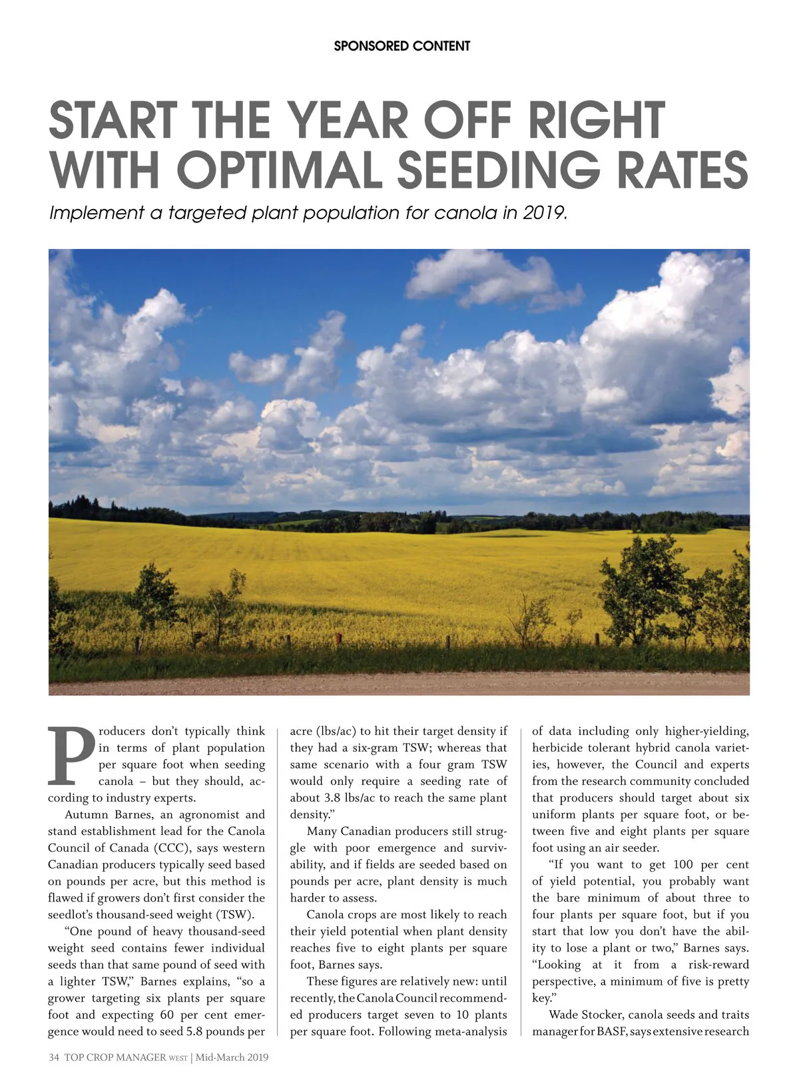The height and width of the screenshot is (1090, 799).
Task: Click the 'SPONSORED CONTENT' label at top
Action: click(x=401, y=46)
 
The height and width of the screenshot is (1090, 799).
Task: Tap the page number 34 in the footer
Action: click(x=54, y=1057)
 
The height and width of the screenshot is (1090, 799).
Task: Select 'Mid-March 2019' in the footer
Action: click(x=232, y=1057)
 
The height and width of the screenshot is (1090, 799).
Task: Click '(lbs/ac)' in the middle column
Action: click(x=335, y=731)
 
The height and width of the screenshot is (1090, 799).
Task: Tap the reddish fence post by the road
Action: click(x=338, y=641)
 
